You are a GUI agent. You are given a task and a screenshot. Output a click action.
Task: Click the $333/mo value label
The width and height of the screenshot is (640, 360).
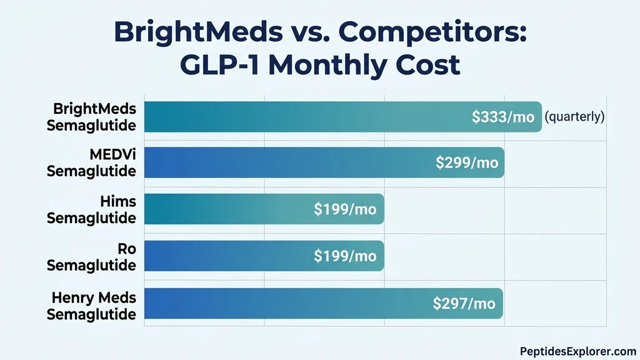[504, 117]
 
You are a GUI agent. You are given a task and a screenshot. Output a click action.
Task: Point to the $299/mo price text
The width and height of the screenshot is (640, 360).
[467, 162]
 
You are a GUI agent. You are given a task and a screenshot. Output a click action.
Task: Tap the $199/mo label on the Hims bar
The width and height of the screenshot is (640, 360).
[345, 209]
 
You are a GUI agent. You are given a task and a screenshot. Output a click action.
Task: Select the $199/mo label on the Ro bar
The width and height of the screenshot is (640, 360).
[345, 256]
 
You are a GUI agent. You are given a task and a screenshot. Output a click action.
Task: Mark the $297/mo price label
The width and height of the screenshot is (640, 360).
[464, 304]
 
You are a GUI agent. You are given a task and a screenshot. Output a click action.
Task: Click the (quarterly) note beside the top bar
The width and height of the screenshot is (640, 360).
[574, 117]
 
